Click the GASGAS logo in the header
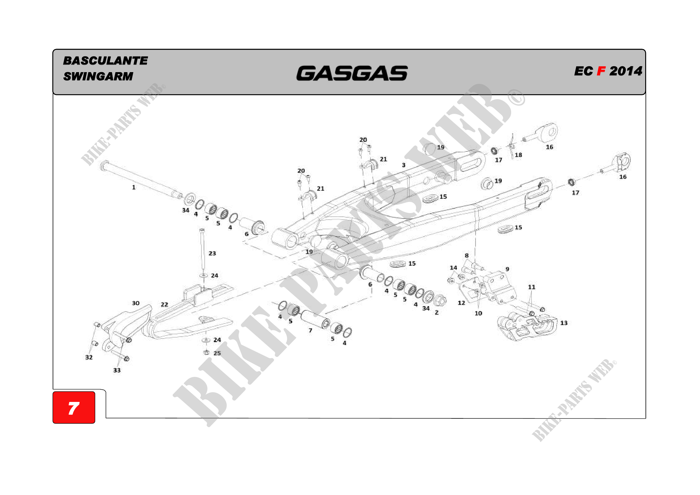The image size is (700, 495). (x=352, y=73)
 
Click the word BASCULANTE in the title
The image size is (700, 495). (x=105, y=61)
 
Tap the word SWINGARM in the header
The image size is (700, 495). (x=98, y=76)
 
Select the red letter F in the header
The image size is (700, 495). (x=601, y=71)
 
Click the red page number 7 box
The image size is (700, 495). (x=74, y=408)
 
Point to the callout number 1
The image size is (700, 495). (x=133, y=187)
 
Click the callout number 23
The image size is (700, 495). (x=212, y=253)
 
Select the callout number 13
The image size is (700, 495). (x=564, y=323)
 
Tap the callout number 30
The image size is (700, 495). (x=136, y=303)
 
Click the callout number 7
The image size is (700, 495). (x=310, y=330)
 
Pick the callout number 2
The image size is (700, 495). (x=437, y=312)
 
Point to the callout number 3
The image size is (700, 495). (x=403, y=165)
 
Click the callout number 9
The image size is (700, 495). (x=507, y=269)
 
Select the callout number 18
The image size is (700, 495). (x=518, y=155)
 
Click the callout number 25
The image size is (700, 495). (x=217, y=353)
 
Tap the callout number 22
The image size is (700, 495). (x=164, y=304)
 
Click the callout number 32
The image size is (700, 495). (x=89, y=357)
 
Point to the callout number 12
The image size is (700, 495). (x=461, y=303)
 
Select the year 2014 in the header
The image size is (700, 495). (x=625, y=71)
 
